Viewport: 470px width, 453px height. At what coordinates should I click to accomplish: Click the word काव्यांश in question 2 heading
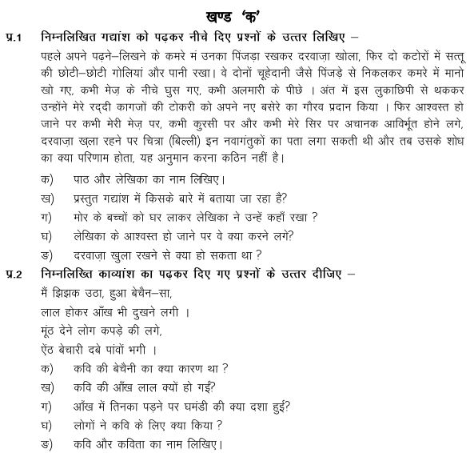tap(127, 275)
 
